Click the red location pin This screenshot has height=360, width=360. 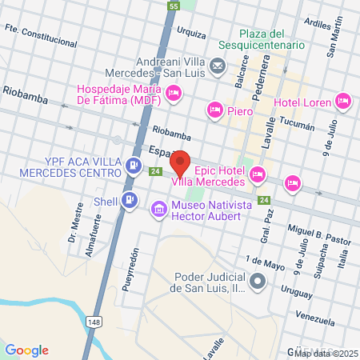pyautogui.click(x=181, y=162)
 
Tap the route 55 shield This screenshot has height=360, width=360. pyautogui.click(x=174, y=6)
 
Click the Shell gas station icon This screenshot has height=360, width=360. pyautogui.click(x=129, y=202)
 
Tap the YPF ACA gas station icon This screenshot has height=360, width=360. pyautogui.click(x=134, y=166)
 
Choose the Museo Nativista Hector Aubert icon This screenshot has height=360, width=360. pyautogui.click(x=159, y=210)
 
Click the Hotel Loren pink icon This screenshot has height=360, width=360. pyautogui.click(x=342, y=101)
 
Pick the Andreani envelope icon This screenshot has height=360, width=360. pyautogui.click(x=218, y=65)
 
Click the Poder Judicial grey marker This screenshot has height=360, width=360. pyautogui.click(x=258, y=282)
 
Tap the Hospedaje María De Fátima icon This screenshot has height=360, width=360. pyautogui.click(x=174, y=94)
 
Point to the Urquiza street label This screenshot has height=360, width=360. pyautogui.click(x=192, y=34)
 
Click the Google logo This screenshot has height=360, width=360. pyautogui.click(x=27, y=350)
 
